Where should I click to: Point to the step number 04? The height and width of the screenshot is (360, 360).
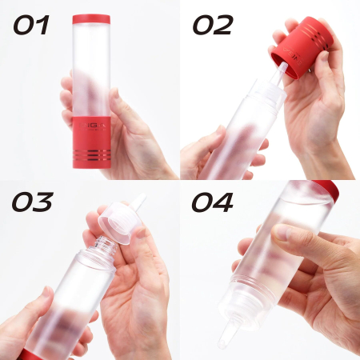(212, 204)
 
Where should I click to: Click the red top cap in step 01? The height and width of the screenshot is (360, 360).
(91, 19)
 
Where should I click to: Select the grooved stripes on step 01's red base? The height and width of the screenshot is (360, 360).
(91, 153)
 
